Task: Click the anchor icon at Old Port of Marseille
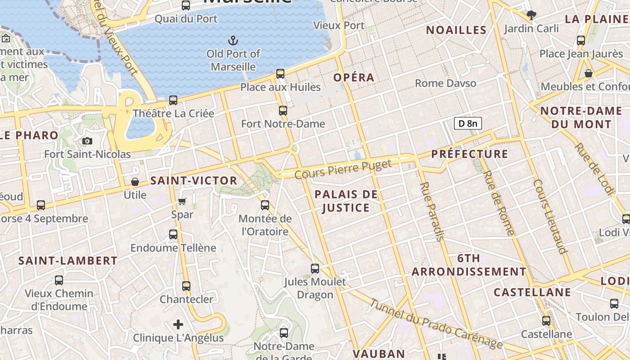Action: point(233,41)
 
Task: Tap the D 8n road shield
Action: point(468,123)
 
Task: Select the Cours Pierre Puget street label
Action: point(343,169)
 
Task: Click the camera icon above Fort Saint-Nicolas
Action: point(88,141)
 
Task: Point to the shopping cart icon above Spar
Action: point(182,201)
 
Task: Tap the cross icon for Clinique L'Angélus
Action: point(178,324)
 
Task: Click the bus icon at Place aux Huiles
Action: point(280,73)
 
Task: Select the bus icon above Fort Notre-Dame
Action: point(283,110)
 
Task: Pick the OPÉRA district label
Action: point(354,77)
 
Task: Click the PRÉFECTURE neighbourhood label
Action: point(470,154)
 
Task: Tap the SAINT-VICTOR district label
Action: point(193,181)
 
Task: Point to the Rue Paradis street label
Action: point(431,211)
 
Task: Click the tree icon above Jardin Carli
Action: point(531,15)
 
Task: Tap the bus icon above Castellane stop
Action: point(546,321)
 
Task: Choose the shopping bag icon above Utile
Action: point(135,182)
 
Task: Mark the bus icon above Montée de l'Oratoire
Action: point(265,205)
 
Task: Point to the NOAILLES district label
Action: point(456,30)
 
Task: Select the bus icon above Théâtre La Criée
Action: point(173,100)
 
